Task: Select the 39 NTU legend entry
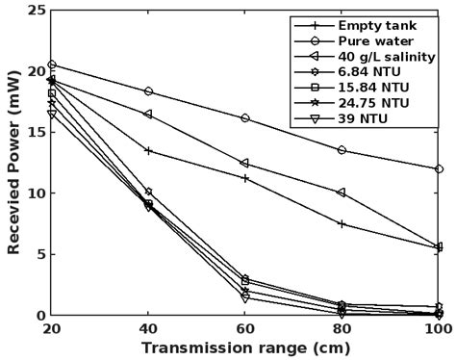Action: point(362,117)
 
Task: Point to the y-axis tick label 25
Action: point(35,11)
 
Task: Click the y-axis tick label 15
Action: point(35,132)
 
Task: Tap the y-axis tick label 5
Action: point(39,254)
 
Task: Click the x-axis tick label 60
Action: point(245,329)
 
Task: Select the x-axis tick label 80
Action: point(342,329)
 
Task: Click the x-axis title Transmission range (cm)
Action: point(245,347)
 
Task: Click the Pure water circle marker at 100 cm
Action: point(439,169)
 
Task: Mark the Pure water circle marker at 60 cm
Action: point(245,118)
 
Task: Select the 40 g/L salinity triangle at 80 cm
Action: point(342,193)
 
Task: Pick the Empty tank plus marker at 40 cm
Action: point(148,150)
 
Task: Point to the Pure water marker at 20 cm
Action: point(52,64)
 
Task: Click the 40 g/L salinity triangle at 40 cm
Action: point(148,115)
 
